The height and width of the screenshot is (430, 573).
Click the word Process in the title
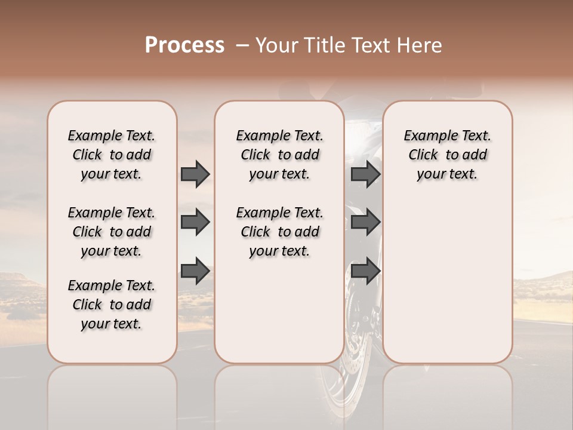pos(184,45)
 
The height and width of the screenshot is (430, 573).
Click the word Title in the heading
pos(322,45)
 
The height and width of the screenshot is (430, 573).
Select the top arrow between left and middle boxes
pos(195,174)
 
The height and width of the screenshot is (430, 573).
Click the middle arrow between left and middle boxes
pos(195,222)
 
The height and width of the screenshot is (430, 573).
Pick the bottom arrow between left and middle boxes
pos(195,271)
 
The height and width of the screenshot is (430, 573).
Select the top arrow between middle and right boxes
pos(365,174)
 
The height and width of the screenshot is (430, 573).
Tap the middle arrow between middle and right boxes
pos(365,222)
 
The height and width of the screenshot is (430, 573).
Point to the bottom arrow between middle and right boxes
pos(365,271)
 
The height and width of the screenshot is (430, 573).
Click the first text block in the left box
pos(112,155)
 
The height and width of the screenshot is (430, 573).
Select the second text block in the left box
pos(112,232)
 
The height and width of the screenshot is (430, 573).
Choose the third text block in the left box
pos(112,305)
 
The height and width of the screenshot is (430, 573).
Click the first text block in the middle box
pos(279,155)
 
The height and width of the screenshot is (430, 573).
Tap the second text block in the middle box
pos(279,232)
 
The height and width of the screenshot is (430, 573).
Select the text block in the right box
pos(447,155)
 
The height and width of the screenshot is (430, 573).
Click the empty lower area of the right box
pos(447,287)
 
